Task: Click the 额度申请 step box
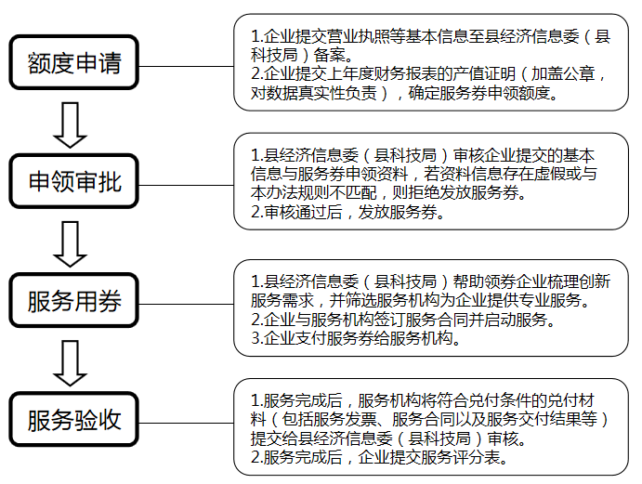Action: [74, 65]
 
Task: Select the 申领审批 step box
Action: [74, 183]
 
